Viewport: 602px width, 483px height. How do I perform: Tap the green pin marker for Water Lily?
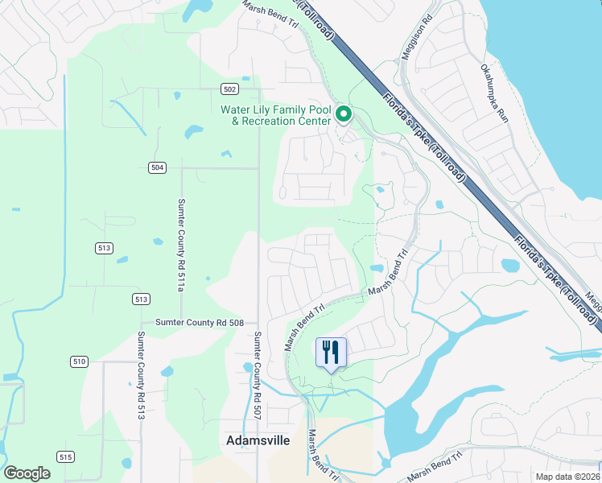click(x=344, y=114)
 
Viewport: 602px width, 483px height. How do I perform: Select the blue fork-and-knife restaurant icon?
click(x=331, y=353)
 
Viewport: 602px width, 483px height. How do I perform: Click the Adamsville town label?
click(x=258, y=440)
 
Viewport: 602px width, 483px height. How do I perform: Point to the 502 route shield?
click(x=230, y=89)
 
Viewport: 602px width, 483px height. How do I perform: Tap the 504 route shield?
click(x=157, y=167)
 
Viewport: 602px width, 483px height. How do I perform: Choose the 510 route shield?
click(x=78, y=361)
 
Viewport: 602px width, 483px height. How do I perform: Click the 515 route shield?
click(x=65, y=457)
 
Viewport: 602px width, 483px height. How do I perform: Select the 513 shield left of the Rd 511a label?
click(x=102, y=248)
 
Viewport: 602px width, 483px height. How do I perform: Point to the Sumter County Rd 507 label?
click(x=258, y=367)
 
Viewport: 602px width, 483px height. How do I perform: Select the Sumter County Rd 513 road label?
click(x=141, y=376)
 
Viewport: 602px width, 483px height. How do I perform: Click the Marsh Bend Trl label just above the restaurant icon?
click(x=304, y=327)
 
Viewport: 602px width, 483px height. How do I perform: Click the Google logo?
click(x=27, y=473)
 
